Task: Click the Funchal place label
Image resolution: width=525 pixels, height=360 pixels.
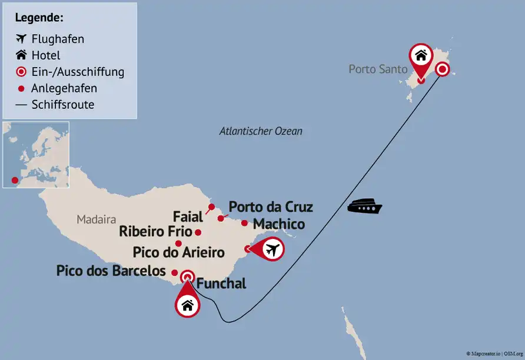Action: click(221, 284)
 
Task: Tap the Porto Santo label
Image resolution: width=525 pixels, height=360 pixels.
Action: click(378, 69)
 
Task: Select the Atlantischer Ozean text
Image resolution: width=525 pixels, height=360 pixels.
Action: click(261, 131)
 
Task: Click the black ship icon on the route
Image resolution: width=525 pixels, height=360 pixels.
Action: click(365, 207)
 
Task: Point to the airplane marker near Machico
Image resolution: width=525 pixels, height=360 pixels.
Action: click(271, 249)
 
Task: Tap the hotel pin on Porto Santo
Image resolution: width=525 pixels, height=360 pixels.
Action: click(420, 56)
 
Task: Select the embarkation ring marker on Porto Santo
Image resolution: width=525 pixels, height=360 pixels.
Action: click(442, 70)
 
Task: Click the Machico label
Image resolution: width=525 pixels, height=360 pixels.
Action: click(278, 224)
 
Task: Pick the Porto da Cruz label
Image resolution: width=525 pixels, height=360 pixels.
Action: click(271, 207)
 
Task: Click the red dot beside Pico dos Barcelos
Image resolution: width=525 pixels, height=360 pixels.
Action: click(174, 272)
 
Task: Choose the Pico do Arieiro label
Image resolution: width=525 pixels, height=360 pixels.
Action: click(179, 253)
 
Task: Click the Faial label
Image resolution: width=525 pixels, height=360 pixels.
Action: click(188, 215)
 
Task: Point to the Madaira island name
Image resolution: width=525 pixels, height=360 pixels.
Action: click(97, 219)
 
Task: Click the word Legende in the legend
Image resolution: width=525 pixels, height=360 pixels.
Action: click(39, 18)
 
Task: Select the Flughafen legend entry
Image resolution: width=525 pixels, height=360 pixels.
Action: click(58, 39)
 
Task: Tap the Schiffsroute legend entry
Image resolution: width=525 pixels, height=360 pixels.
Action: click(63, 105)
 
